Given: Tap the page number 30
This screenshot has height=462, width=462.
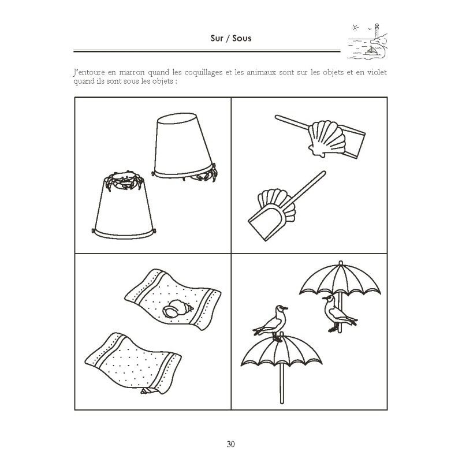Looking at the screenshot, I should click(x=230, y=444).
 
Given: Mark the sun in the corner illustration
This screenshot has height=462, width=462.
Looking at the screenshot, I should click(x=354, y=27).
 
